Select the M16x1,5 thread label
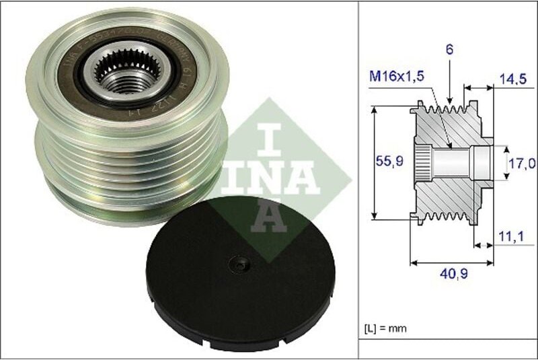tap(397, 77)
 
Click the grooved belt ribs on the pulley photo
tap(128, 161)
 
